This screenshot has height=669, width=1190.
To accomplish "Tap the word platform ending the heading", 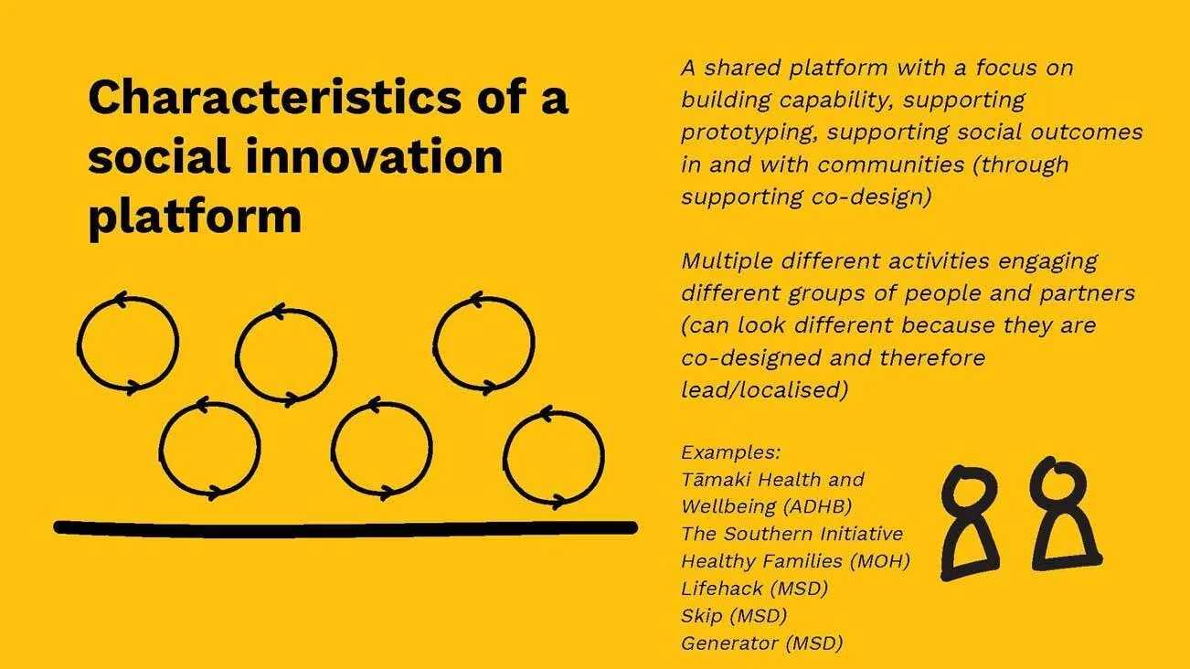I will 194,215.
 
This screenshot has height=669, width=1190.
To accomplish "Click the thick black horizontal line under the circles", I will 345,527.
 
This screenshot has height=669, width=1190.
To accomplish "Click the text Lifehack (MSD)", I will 754,589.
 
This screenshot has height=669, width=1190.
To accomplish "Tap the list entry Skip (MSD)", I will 733,616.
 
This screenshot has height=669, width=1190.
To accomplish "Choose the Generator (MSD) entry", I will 761,643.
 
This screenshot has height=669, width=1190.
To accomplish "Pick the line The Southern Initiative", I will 792,534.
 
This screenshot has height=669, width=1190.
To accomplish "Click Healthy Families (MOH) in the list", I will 795,561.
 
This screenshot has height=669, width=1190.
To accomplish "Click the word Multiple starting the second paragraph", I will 727,261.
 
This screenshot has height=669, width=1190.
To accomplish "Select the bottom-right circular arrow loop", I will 554,457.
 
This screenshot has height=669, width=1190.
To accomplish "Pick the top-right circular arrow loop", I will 483,343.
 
